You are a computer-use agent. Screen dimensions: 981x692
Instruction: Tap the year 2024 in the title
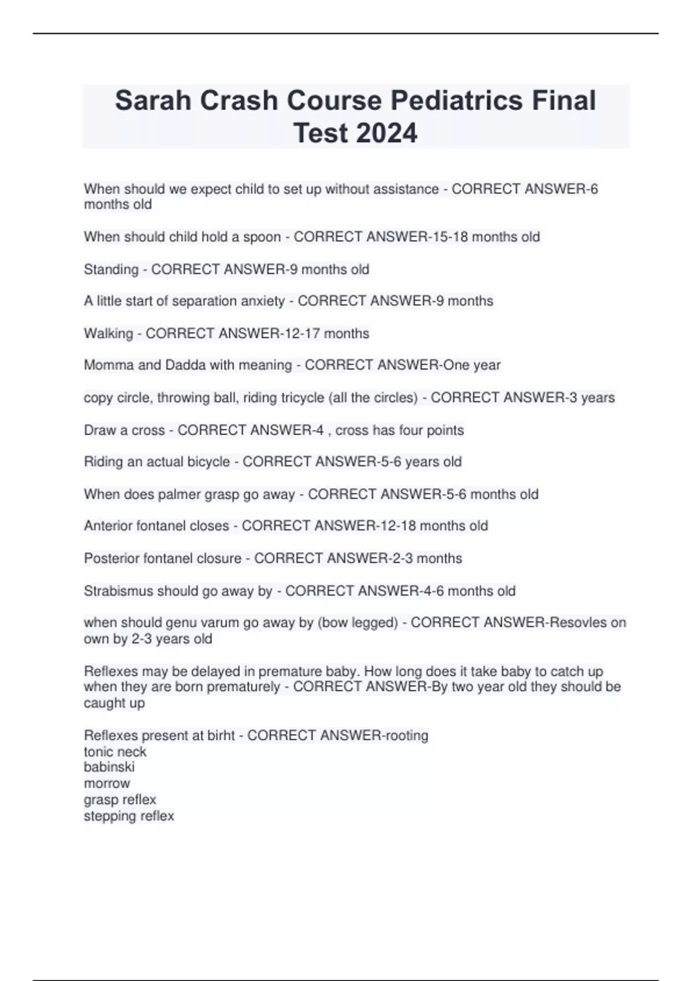[x=386, y=133]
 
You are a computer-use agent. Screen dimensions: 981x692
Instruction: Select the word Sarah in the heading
[x=152, y=100]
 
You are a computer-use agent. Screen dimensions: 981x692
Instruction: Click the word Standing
[x=111, y=269]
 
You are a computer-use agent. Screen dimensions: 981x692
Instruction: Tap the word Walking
[x=108, y=334]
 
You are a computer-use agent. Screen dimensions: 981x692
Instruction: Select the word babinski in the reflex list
[x=109, y=767]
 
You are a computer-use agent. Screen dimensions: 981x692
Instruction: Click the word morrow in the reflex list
[x=107, y=784]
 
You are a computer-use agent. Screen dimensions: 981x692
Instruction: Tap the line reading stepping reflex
[x=129, y=816]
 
